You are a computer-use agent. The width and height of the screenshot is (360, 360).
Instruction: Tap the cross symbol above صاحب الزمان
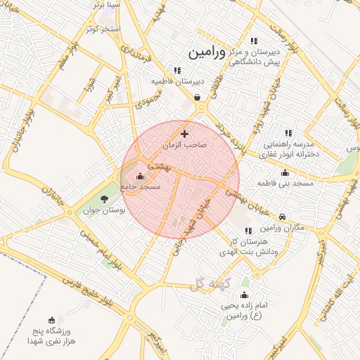(185, 134)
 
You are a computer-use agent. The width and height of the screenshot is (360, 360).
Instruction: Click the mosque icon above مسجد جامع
(139, 176)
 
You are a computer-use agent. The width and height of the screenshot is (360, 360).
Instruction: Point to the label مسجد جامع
(141, 187)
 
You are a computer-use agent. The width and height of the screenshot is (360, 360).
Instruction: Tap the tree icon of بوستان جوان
(105, 200)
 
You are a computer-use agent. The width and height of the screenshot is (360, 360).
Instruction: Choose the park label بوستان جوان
(105, 210)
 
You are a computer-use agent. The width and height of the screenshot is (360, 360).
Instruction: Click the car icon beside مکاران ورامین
(283, 217)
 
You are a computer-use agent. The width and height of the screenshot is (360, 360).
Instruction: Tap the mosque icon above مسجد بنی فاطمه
(285, 173)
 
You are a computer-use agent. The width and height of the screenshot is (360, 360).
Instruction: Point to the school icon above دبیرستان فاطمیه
(177, 70)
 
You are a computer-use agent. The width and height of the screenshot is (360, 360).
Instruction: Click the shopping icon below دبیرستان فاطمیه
(198, 98)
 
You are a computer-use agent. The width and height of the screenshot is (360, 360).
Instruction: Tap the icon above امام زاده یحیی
(244, 295)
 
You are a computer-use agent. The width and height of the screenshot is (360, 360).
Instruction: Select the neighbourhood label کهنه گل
(210, 284)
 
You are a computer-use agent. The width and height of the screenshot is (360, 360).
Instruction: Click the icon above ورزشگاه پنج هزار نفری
(51, 319)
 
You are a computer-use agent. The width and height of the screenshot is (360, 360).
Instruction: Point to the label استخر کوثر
(103, 29)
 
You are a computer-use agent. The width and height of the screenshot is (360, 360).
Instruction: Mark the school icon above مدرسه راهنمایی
(288, 132)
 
